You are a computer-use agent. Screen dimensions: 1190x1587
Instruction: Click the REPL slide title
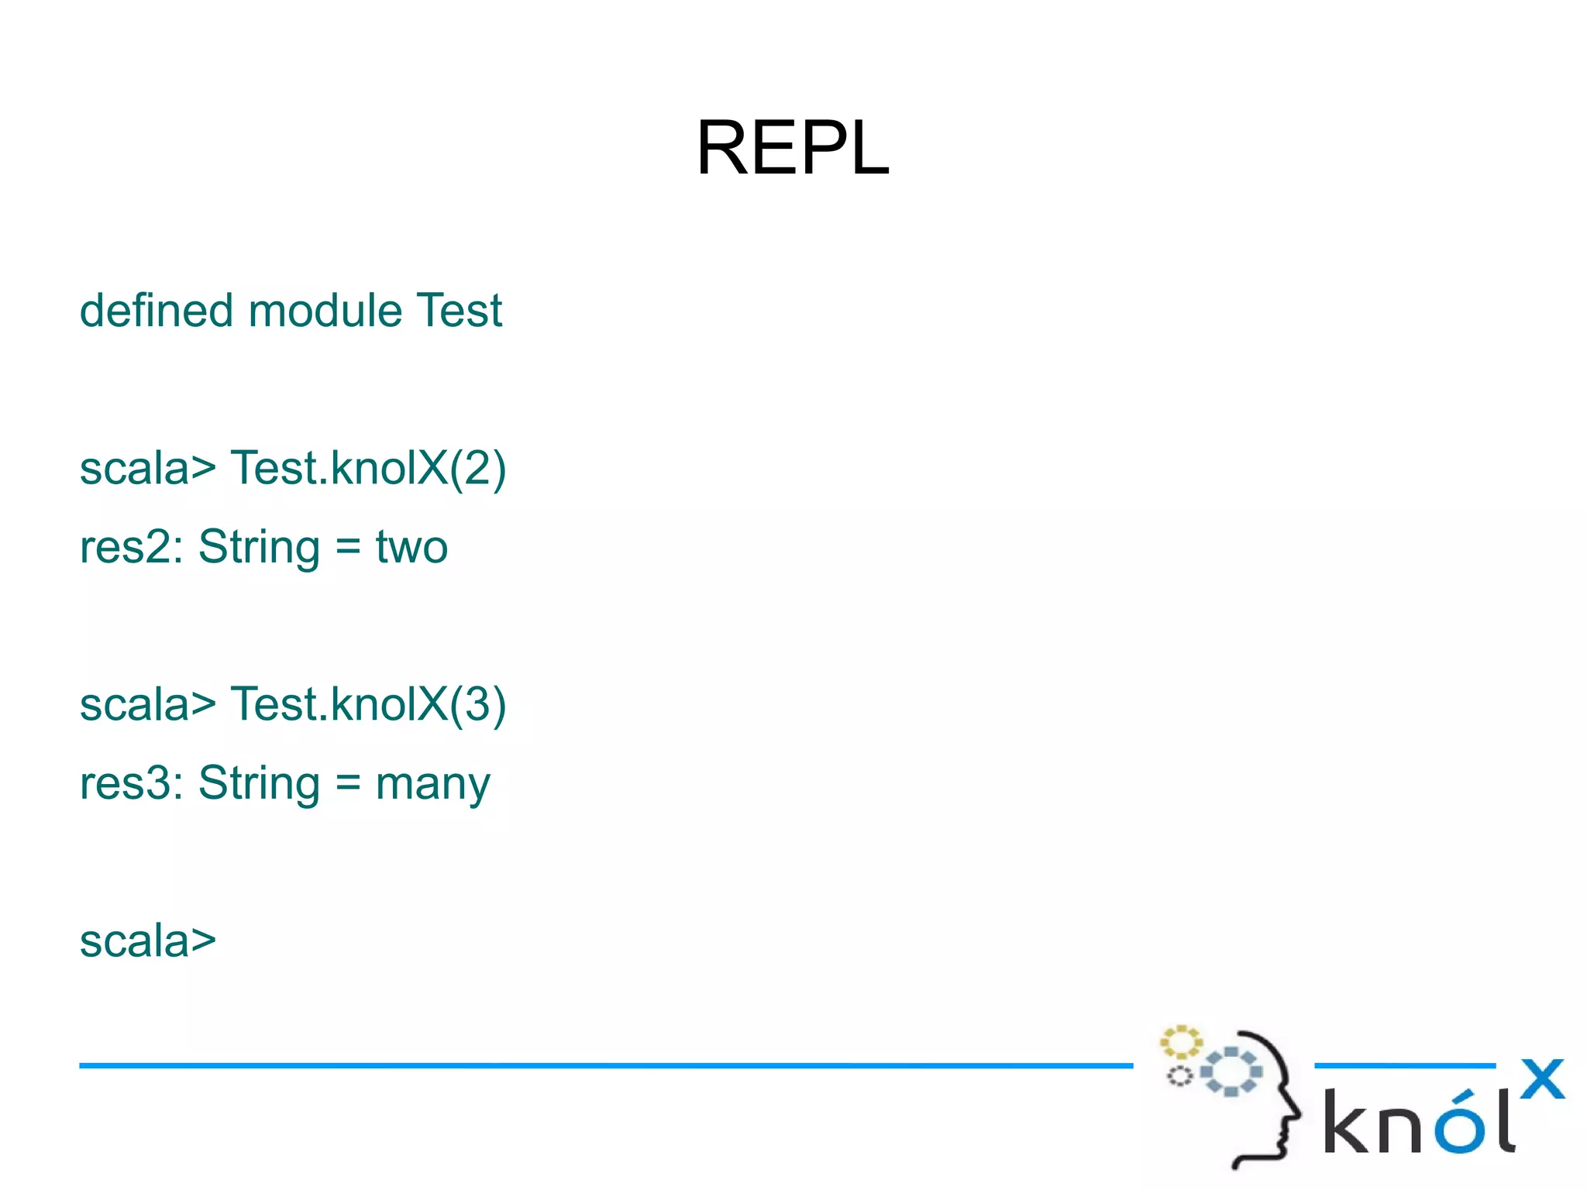[792, 148]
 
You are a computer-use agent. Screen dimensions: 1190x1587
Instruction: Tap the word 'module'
[325, 311]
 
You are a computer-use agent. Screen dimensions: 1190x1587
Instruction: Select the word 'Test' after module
[459, 311]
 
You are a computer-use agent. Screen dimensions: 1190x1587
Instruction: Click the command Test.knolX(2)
[368, 469]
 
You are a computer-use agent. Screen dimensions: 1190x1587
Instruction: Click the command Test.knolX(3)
[368, 704]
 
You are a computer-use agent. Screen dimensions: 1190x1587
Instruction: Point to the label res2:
[131, 547]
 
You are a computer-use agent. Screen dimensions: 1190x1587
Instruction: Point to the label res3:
[131, 782]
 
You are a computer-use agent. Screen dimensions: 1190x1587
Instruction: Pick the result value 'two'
[411, 547]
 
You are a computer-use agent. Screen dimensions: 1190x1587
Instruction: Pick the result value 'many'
[432, 784]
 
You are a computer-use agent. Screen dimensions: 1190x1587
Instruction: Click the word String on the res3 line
[259, 784]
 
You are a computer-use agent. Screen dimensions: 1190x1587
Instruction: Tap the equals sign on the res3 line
[348, 782]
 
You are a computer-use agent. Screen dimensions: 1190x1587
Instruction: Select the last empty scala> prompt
[147, 941]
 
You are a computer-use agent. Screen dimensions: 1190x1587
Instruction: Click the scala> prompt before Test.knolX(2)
[147, 469]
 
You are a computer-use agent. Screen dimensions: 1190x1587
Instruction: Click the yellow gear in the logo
[1180, 1042]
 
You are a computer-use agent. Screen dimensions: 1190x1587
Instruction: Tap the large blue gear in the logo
[1231, 1071]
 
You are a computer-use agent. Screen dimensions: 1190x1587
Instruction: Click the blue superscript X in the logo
[1542, 1078]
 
